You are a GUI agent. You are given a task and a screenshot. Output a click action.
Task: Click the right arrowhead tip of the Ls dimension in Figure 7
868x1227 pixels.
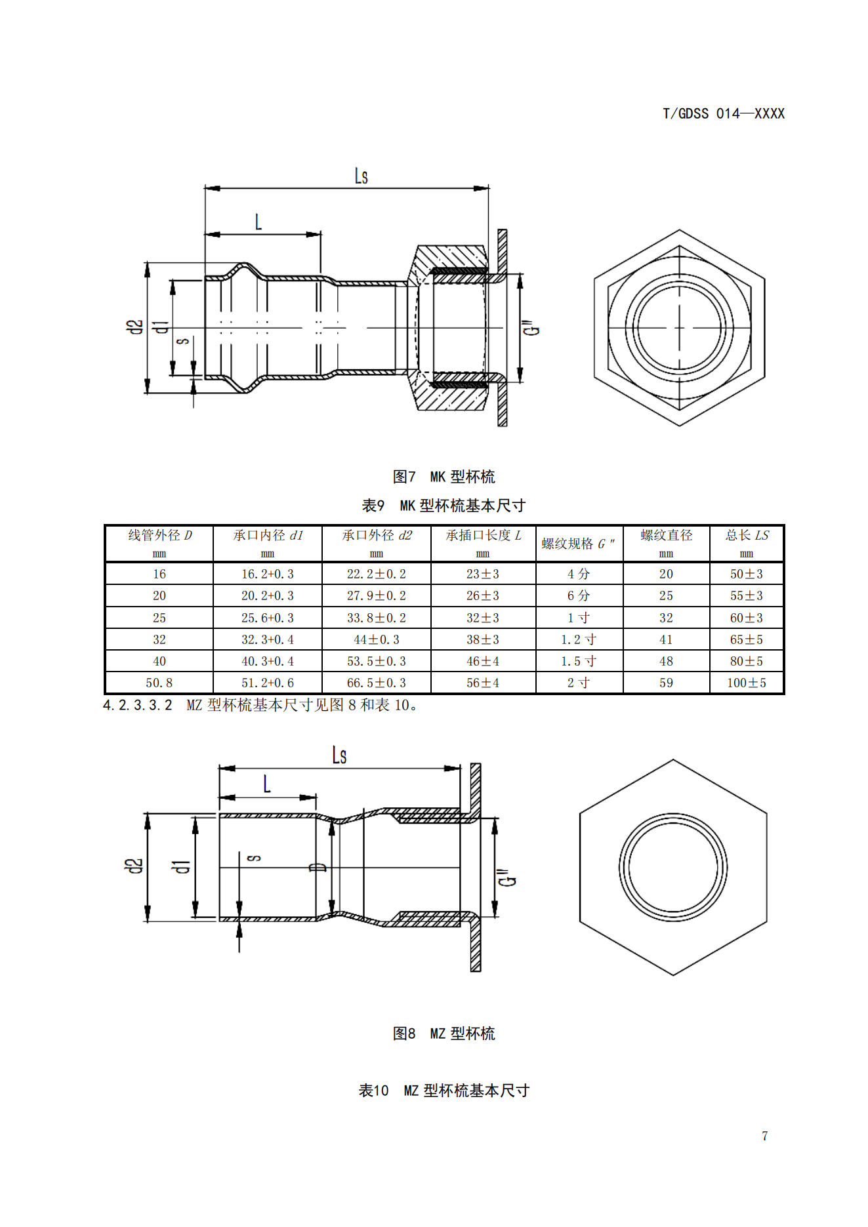click(489, 188)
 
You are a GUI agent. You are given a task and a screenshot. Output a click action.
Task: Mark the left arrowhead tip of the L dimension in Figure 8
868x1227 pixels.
click(219, 797)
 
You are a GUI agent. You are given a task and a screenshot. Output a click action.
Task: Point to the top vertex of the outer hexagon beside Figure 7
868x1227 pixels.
click(679, 230)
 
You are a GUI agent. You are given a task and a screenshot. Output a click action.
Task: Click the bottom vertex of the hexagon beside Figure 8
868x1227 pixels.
click(673, 975)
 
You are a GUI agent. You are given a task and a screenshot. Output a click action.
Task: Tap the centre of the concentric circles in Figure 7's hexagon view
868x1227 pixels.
click(679, 327)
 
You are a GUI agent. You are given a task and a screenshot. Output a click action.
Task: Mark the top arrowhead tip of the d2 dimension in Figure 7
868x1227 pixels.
click(147, 263)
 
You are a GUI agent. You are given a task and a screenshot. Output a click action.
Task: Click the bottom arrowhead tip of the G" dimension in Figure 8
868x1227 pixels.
click(495, 917)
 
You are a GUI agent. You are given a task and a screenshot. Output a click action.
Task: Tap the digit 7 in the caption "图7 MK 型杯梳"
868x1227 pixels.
click(412, 477)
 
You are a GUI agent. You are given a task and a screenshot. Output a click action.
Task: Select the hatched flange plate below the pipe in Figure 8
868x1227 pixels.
click(476, 944)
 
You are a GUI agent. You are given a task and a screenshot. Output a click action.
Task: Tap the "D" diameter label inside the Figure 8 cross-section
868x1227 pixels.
click(318, 867)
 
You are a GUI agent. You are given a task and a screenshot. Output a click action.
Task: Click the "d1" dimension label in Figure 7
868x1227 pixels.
click(159, 327)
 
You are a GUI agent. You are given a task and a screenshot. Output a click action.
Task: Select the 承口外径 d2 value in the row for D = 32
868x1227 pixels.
click(376, 639)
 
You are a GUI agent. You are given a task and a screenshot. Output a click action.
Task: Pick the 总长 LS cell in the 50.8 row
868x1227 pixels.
click(747, 683)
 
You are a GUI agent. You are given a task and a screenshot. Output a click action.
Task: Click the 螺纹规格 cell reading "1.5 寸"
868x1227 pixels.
click(579, 661)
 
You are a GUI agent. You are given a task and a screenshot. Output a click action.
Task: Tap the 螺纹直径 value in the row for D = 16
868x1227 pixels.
click(666, 574)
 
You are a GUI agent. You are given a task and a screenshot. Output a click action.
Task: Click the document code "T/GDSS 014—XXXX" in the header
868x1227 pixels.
click(724, 113)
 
